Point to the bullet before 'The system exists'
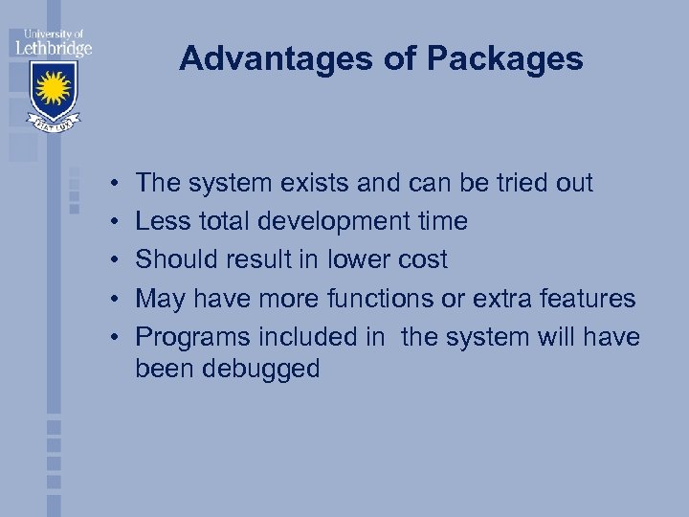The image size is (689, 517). pyautogui.click(x=113, y=183)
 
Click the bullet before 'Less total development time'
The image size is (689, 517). pyautogui.click(x=113, y=222)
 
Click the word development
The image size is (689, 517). pyautogui.click(x=343, y=222)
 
